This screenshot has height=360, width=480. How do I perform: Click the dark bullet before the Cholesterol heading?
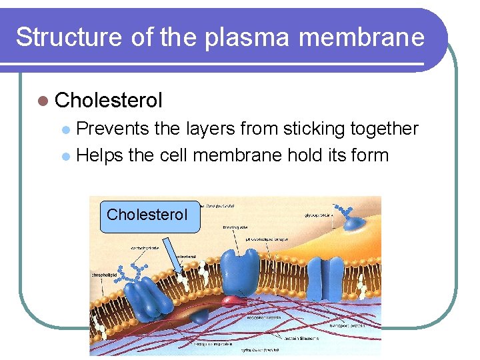(43, 101)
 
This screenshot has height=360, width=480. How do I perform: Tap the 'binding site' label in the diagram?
(235, 227)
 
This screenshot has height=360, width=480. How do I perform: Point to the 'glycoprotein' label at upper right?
(317, 215)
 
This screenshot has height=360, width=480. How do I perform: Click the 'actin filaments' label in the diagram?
(302, 338)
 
